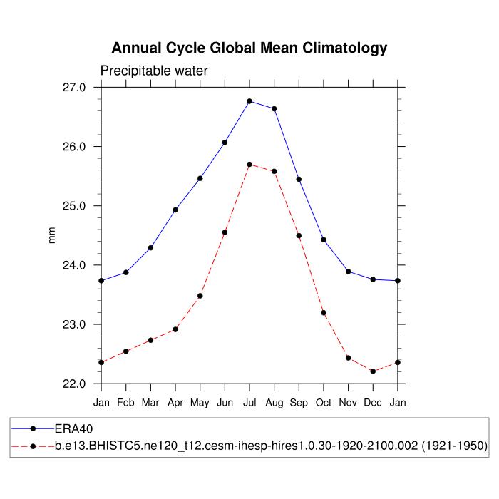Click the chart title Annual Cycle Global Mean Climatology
[249, 48]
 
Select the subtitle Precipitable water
[154, 71]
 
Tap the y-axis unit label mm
[51, 236]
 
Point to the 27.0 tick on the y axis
[74, 88]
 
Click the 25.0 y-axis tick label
[74, 206]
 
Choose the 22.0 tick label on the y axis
[74, 384]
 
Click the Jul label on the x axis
[249, 403]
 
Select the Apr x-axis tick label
[175, 403]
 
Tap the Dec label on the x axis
[373, 403]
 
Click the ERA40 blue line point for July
[249, 101]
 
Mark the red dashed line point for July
[249, 165]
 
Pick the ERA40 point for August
[274, 108]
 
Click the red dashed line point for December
[373, 371]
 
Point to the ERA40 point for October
[324, 240]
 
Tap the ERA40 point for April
[175, 210]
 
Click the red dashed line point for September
[299, 236]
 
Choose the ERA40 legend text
[74, 429]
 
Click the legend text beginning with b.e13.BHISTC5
[271, 446]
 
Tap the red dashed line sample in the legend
[33, 446]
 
